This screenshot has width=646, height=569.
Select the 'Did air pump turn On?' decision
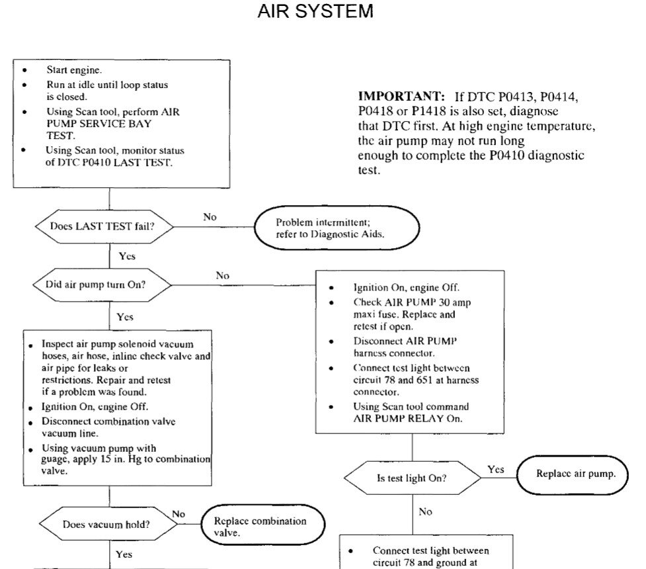pyautogui.click(x=102, y=285)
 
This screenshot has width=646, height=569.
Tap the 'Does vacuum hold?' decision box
pyautogui.click(x=106, y=524)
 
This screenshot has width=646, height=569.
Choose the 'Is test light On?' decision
pyautogui.click(x=412, y=478)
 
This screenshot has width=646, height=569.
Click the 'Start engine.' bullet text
pyautogui.click(x=73, y=69)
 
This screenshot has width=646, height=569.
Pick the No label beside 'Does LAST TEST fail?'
pyautogui.click(x=210, y=216)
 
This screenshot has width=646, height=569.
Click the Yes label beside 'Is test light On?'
pyautogui.click(x=496, y=469)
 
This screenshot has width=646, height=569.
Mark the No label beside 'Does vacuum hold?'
pyautogui.click(x=178, y=513)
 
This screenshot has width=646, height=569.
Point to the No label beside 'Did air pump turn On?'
pyautogui.click(x=222, y=275)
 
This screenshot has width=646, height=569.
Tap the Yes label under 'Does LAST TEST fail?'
pyautogui.click(x=126, y=256)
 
